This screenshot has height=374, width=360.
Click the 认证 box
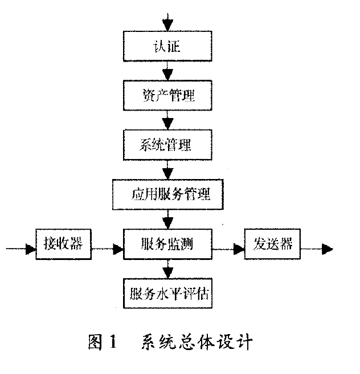[x=167, y=45]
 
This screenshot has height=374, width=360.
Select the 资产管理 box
[x=167, y=95]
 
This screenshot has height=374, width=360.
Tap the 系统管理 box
[x=167, y=145]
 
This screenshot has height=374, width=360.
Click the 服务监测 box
[x=167, y=245]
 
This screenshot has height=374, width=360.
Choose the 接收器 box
[x=63, y=245]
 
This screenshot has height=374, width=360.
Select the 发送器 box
[x=272, y=245]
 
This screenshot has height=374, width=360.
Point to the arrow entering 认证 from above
[x=167, y=22]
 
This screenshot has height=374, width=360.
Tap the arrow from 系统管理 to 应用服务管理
[x=167, y=170]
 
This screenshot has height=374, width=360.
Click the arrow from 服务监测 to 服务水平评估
[x=167, y=269]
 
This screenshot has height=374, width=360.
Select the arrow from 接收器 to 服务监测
[x=107, y=248]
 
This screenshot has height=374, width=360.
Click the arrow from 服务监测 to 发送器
[x=228, y=248]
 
